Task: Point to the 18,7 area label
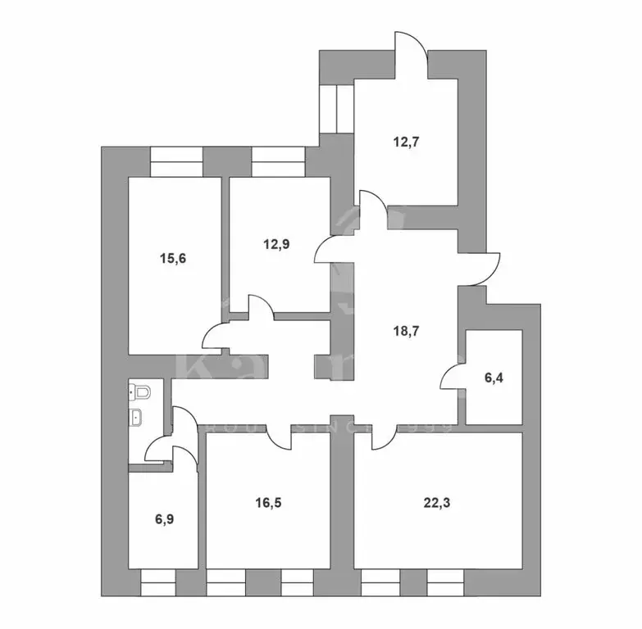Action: pos(402,331)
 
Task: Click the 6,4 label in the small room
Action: pos(491,378)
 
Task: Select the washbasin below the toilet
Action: pos(139,418)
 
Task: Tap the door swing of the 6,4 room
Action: pos(452,377)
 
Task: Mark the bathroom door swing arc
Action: pos(157,449)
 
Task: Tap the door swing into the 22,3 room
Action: pos(381,438)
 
